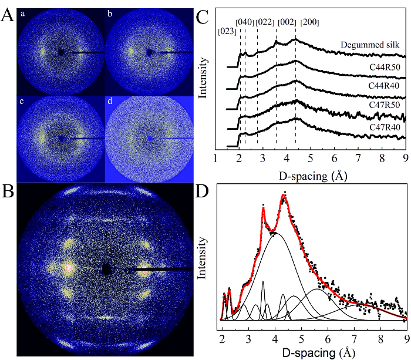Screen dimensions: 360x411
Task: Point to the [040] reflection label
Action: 244,22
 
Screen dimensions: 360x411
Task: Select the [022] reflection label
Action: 265,22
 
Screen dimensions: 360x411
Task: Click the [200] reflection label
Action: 310,22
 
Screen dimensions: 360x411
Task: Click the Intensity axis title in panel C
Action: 205,76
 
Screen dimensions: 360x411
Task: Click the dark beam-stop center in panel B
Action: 106,268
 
